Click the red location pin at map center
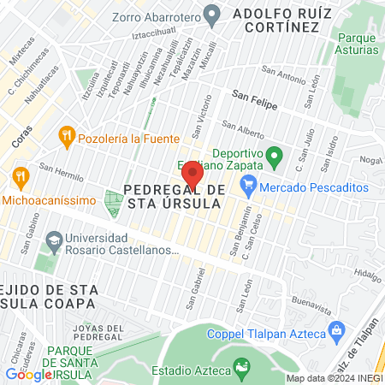[x=192, y=175]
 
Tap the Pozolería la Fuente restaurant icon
[x=65, y=137]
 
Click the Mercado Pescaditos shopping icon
[x=249, y=182]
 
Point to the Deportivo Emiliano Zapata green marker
[x=274, y=157]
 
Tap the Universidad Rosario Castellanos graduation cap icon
[x=54, y=241]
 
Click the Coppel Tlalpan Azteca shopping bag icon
[x=336, y=329]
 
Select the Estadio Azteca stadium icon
[x=242, y=370]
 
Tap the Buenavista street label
[x=310, y=301]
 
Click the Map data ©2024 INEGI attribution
[x=334, y=378]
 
